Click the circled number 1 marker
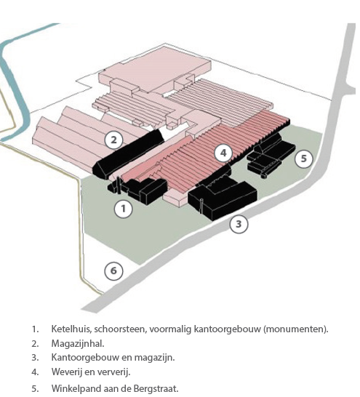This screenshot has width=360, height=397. pos(124,209)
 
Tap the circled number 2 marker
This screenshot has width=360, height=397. pos(114,140)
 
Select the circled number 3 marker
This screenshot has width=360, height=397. pos(239,224)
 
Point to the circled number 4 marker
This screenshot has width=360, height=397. pos(223,153)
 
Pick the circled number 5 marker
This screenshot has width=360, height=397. pos(303,159)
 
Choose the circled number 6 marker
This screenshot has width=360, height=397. pos(113,270)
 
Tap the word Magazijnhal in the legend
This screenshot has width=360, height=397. pos(77,344)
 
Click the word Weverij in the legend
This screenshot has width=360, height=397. pos(65,372)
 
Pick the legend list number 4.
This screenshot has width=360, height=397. pos(35,372)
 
